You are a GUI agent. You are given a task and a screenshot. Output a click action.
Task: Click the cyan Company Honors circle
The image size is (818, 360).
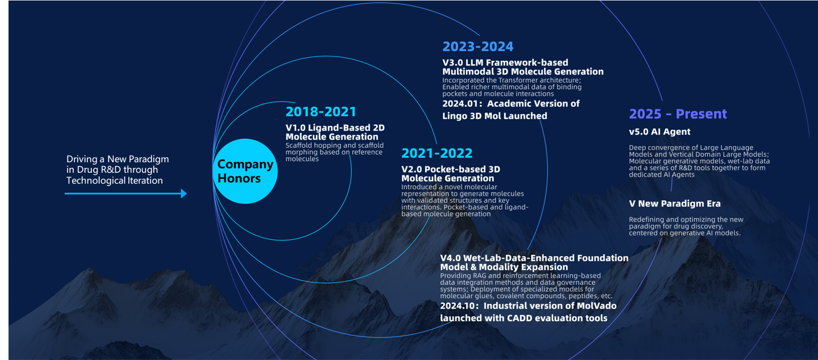245,171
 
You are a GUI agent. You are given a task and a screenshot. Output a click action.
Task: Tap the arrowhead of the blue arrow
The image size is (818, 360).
184,193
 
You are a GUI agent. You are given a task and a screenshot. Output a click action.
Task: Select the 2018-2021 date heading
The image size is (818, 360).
321,111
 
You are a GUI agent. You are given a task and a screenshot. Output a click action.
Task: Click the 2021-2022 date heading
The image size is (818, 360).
437,153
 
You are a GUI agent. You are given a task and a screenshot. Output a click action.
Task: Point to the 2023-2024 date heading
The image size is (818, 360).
478,47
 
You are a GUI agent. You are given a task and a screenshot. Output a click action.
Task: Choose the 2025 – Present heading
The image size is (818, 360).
678,114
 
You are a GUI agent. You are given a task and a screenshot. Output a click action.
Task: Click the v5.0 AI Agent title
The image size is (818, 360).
660,132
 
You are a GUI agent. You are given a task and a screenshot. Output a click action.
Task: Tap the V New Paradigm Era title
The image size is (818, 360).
675,204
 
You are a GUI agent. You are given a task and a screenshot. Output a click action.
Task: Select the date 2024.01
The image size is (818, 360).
460,104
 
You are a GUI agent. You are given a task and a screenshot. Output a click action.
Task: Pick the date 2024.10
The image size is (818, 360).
458,306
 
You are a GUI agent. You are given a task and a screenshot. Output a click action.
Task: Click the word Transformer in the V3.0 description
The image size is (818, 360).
518,80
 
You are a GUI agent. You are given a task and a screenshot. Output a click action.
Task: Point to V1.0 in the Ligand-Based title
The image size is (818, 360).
296,128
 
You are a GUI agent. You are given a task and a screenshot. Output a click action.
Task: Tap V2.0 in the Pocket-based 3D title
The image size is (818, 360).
412,169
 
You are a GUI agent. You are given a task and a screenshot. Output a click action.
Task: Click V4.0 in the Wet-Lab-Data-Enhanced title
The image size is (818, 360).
450,258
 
